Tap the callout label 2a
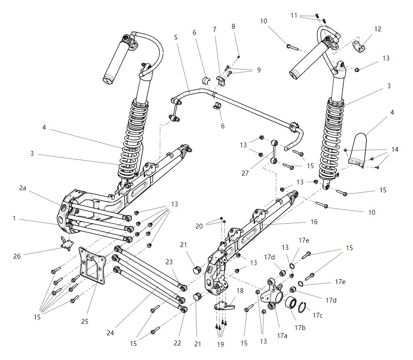click(x=23, y=187)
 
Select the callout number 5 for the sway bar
click(x=176, y=37)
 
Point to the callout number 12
click(x=378, y=29)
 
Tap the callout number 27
click(x=245, y=174)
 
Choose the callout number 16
click(x=314, y=222)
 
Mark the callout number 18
click(x=240, y=291)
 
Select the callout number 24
click(x=110, y=333)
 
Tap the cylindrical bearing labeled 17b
click(x=292, y=304)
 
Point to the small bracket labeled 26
click(x=67, y=244)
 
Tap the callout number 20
click(x=199, y=226)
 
